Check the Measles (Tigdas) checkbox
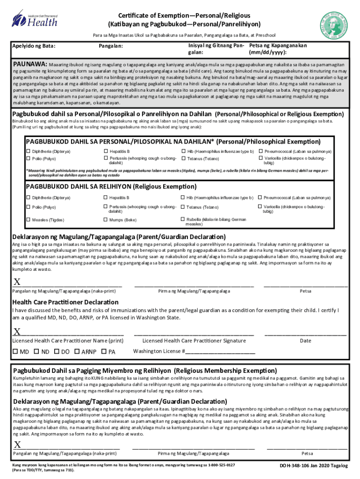pos(28,220)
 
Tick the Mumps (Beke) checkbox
pos(106,220)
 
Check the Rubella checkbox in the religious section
pos(183,219)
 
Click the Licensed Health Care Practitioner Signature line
pos(194,335)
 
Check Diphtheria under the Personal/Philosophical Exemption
pos(28,152)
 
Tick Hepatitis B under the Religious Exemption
pos(106,198)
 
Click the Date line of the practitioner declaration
pos(305,335)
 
